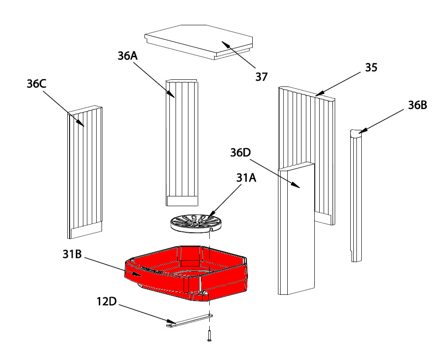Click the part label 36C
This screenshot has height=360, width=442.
[x=37, y=84]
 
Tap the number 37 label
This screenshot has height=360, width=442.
[x=262, y=77]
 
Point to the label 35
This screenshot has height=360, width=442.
[x=371, y=68]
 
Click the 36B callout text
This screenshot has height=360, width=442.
[x=417, y=106]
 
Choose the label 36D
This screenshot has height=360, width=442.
[x=240, y=153]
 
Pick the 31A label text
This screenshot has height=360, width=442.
[x=246, y=178]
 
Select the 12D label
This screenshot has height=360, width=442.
[x=106, y=302]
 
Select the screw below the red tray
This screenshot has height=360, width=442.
[x=208, y=335]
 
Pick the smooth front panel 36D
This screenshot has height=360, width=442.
[x=296, y=231]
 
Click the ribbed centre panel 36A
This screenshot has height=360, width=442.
[x=182, y=142]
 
